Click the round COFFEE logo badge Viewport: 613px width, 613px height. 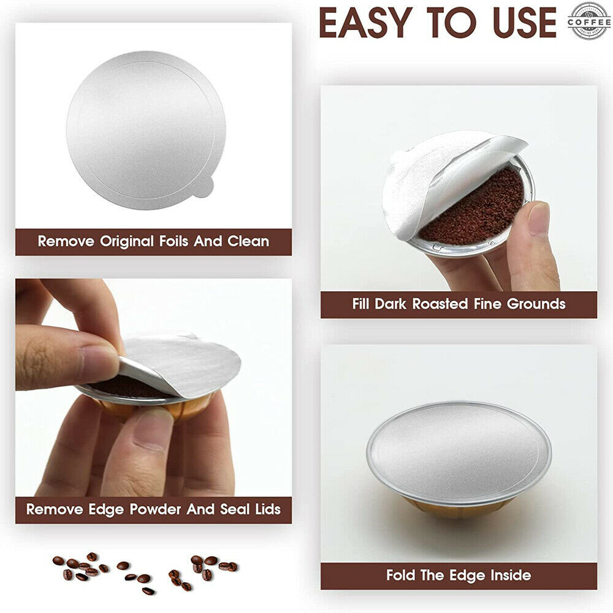(x=588, y=21)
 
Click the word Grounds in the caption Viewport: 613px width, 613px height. (x=536, y=303)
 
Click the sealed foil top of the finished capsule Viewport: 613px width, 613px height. (x=459, y=451)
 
